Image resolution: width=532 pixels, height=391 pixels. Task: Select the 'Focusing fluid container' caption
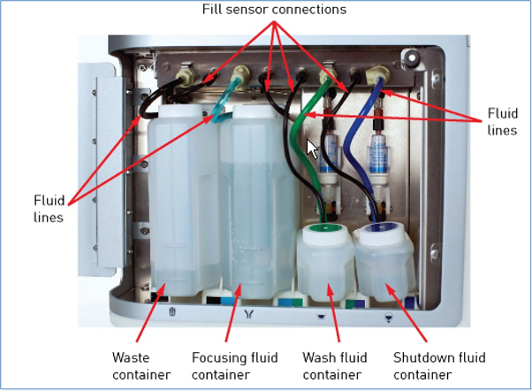tap(235, 365)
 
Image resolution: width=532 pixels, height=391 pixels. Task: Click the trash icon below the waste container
tap(172, 310)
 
